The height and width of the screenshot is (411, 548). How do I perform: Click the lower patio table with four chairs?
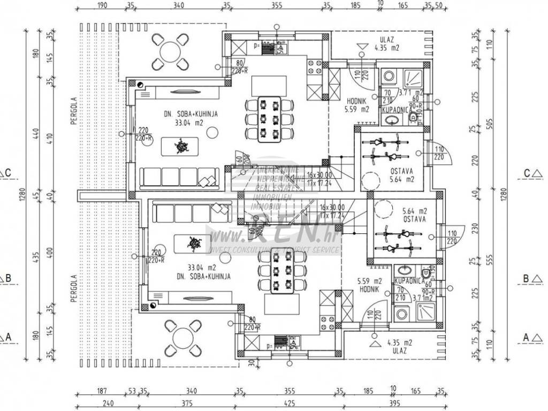183,334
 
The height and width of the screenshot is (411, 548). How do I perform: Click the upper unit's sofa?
179,177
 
